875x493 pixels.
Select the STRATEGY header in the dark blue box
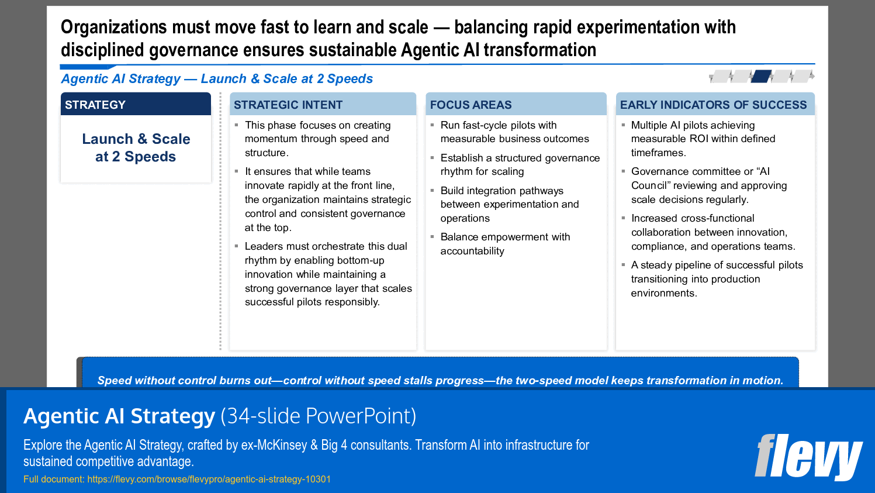(x=95, y=105)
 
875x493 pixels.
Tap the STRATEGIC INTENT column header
(x=288, y=105)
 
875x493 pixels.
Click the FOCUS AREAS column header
(x=471, y=105)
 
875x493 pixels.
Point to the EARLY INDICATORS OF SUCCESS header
(x=713, y=105)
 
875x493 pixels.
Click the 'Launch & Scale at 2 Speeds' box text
(x=136, y=148)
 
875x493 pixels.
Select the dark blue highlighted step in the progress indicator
(x=761, y=76)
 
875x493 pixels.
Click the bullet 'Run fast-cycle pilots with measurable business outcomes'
(x=514, y=132)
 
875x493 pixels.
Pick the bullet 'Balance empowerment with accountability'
(x=505, y=244)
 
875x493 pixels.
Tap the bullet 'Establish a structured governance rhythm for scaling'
(x=520, y=165)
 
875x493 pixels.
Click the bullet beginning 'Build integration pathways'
(x=509, y=204)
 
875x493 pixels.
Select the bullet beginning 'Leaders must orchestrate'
(x=328, y=274)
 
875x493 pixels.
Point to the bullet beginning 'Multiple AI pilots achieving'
(x=703, y=139)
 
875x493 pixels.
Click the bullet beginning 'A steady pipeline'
(x=717, y=279)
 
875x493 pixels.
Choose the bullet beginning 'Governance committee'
(x=708, y=185)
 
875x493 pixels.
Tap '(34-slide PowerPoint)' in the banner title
(x=319, y=416)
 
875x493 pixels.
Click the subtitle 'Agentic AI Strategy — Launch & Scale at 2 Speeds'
(x=217, y=79)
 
